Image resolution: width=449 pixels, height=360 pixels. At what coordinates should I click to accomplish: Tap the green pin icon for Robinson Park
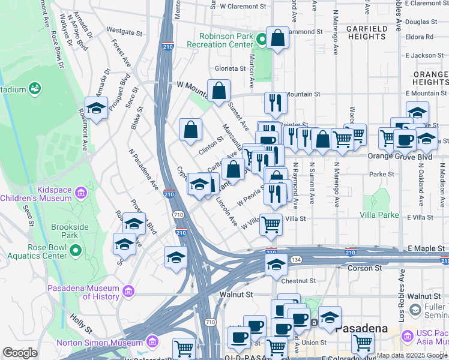point(261,40)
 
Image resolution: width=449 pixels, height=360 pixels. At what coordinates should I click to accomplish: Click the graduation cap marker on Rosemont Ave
point(96,109)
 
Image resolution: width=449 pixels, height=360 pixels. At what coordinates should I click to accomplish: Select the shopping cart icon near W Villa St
point(271,225)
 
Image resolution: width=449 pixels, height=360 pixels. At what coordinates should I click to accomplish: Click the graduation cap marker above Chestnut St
point(276,264)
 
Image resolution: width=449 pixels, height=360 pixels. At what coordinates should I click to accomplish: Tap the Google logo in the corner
point(20,353)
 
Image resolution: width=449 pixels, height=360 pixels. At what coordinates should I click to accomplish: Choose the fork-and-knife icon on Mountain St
point(276,103)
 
